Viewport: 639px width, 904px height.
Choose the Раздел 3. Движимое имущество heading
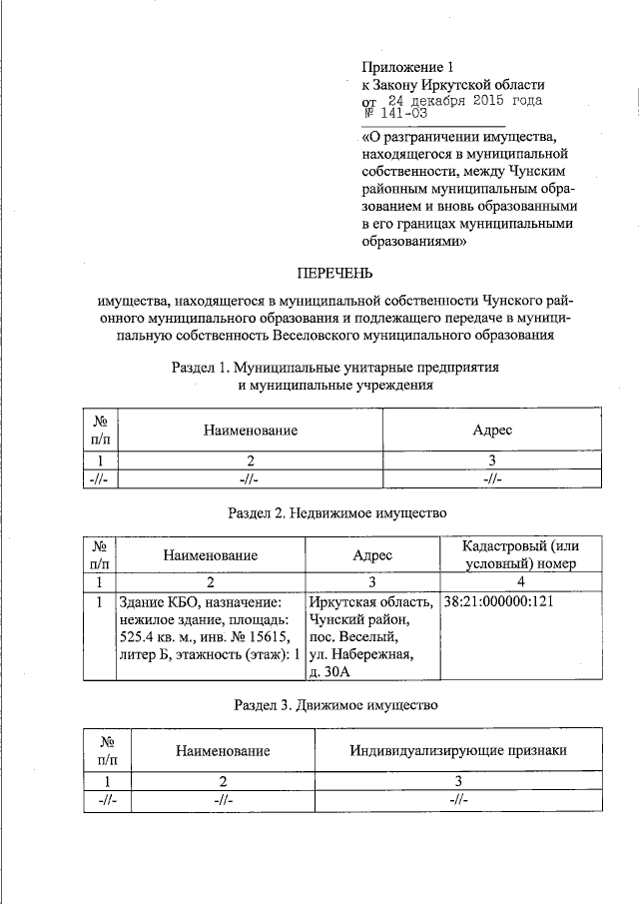point(335,705)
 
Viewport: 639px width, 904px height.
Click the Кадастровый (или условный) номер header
point(521,554)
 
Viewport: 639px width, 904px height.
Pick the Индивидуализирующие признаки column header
point(457,749)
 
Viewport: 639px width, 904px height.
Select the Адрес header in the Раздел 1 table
point(491,430)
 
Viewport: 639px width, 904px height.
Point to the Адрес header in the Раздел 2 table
point(372,554)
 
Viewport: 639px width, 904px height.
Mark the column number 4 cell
point(521,581)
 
